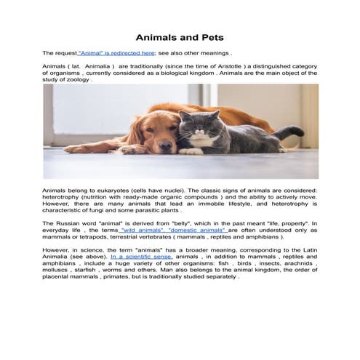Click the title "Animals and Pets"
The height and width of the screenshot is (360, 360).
tap(180, 37)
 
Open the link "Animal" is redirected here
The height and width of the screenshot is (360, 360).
tap(116, 53)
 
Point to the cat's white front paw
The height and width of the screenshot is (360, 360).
tap(191, 151)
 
